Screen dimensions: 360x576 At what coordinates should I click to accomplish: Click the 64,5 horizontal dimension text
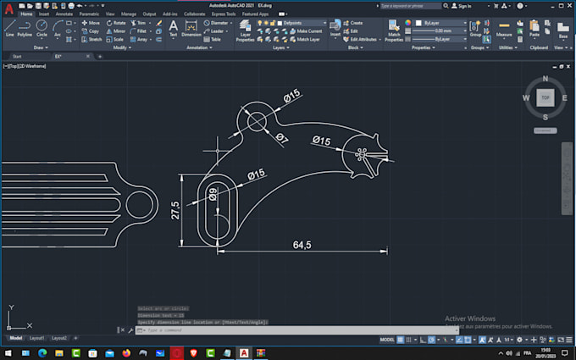(302, 245)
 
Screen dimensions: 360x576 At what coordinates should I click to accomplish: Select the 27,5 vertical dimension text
(175, 209)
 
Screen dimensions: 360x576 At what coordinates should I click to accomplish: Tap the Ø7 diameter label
(282, 138)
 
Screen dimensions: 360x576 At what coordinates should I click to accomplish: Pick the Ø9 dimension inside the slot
(213, 194)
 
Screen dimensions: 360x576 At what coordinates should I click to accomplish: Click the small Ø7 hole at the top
(255, 121)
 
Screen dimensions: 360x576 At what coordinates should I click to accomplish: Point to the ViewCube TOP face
(545, 97)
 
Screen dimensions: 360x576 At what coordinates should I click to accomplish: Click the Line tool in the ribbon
(9, 28)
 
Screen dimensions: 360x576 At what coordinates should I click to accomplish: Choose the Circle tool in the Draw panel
(42, 28)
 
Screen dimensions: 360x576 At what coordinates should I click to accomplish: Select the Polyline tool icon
(25, 28)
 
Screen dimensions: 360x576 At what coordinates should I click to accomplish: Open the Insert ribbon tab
(43, 14)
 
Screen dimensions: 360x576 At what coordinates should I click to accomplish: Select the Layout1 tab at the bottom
(36, 338)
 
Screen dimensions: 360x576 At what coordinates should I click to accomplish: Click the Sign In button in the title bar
(462, 6)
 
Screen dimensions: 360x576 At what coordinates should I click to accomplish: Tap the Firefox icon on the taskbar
(127, 352)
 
